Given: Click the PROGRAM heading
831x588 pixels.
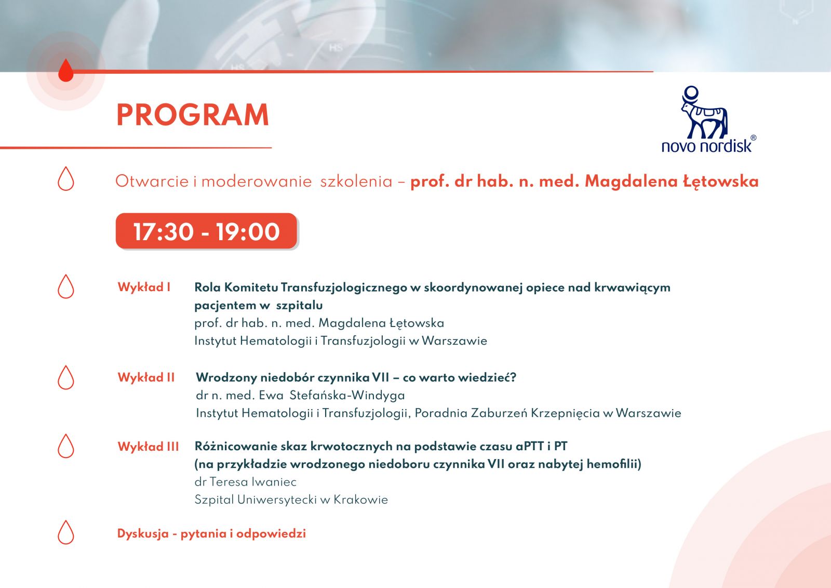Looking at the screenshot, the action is pos(193,115).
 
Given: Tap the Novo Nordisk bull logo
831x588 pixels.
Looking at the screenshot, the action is pos(704,112).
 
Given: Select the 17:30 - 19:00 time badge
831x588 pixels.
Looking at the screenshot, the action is pos(206,231).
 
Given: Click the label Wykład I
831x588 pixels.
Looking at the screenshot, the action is pos(144,287).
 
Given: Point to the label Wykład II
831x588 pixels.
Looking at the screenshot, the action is pos(146,377).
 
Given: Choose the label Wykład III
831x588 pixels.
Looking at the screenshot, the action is pos(149,447).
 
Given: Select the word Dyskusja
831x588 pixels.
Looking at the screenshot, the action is pos(143,534).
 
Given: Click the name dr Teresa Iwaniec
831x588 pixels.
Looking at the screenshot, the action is pos(246,482).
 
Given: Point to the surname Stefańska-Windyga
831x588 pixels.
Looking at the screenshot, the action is pos(347,395).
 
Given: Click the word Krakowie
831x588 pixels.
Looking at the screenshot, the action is pos(360,500).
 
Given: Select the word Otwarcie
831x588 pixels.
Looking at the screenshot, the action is pos(152,181).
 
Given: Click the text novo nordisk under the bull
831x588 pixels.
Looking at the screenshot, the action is pos(707,146).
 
